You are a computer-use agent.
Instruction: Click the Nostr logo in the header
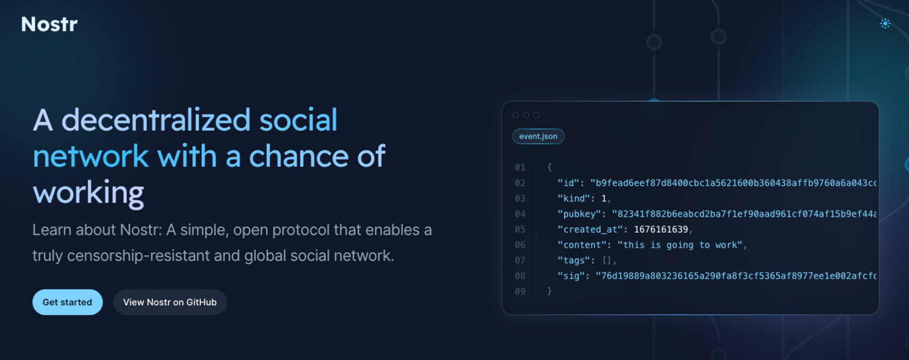click(x=49, y=24)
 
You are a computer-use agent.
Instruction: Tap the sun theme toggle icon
click(x=885, y=23)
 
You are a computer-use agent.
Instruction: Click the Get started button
click(x=68, y=302)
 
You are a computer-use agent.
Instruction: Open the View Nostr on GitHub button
click(x=170, y=302)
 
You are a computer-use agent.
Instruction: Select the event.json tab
click(x=538, y=136)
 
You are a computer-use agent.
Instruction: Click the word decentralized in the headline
click(x=156, y=120)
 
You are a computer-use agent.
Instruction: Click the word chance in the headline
click(x=298, y=157)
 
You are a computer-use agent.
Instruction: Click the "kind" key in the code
click(x=573, y=198)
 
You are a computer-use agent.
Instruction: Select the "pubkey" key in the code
click(x=579, y=214)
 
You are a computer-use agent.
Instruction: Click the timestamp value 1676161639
click(x=661, y=229)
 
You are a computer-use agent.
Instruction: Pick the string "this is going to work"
click(x=680, y=245)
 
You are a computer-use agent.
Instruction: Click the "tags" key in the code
click(x=573, y=261)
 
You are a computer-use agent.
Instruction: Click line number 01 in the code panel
click(x=520, y=168)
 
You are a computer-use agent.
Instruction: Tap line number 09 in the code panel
click(x=520, y=291)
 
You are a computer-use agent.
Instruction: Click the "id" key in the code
click(x=568, y=183)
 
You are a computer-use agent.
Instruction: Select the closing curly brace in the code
click(x=549, y=291)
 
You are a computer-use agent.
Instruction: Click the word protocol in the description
click(x=301, y=230)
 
